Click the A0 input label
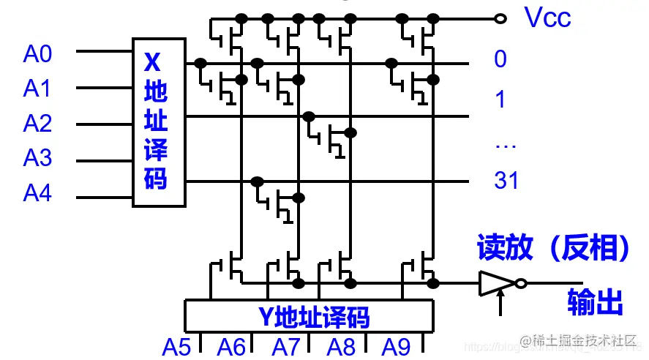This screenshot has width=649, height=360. click(38, 53)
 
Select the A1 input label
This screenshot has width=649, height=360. click(38, 89)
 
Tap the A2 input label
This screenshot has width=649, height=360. click(38, 124)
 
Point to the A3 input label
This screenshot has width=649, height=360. click(38, 158)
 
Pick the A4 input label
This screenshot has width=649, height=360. click(38, 193)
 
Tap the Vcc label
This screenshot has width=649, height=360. click(548, 18)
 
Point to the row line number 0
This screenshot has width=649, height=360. click(500, 59)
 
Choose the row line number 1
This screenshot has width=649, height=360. click(500, 99)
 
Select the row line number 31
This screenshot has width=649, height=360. click(506, 180)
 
